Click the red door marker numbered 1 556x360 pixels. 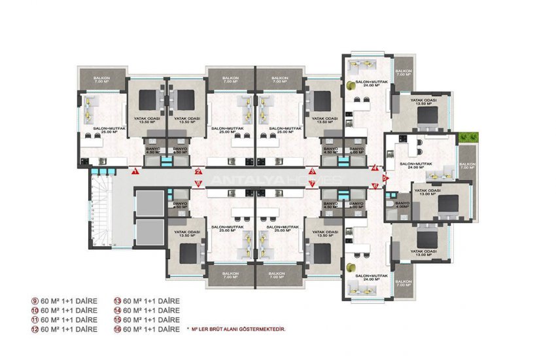(x=133, y=171)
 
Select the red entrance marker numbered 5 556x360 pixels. (x=385, y=177)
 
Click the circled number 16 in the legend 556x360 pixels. (x=118, y=329)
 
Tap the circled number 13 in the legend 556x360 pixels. (x=118, y=301)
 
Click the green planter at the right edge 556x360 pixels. (x=470, y=137)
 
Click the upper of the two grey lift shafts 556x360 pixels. (x=150, y=203)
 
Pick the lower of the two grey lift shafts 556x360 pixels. (x=150, y=232)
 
